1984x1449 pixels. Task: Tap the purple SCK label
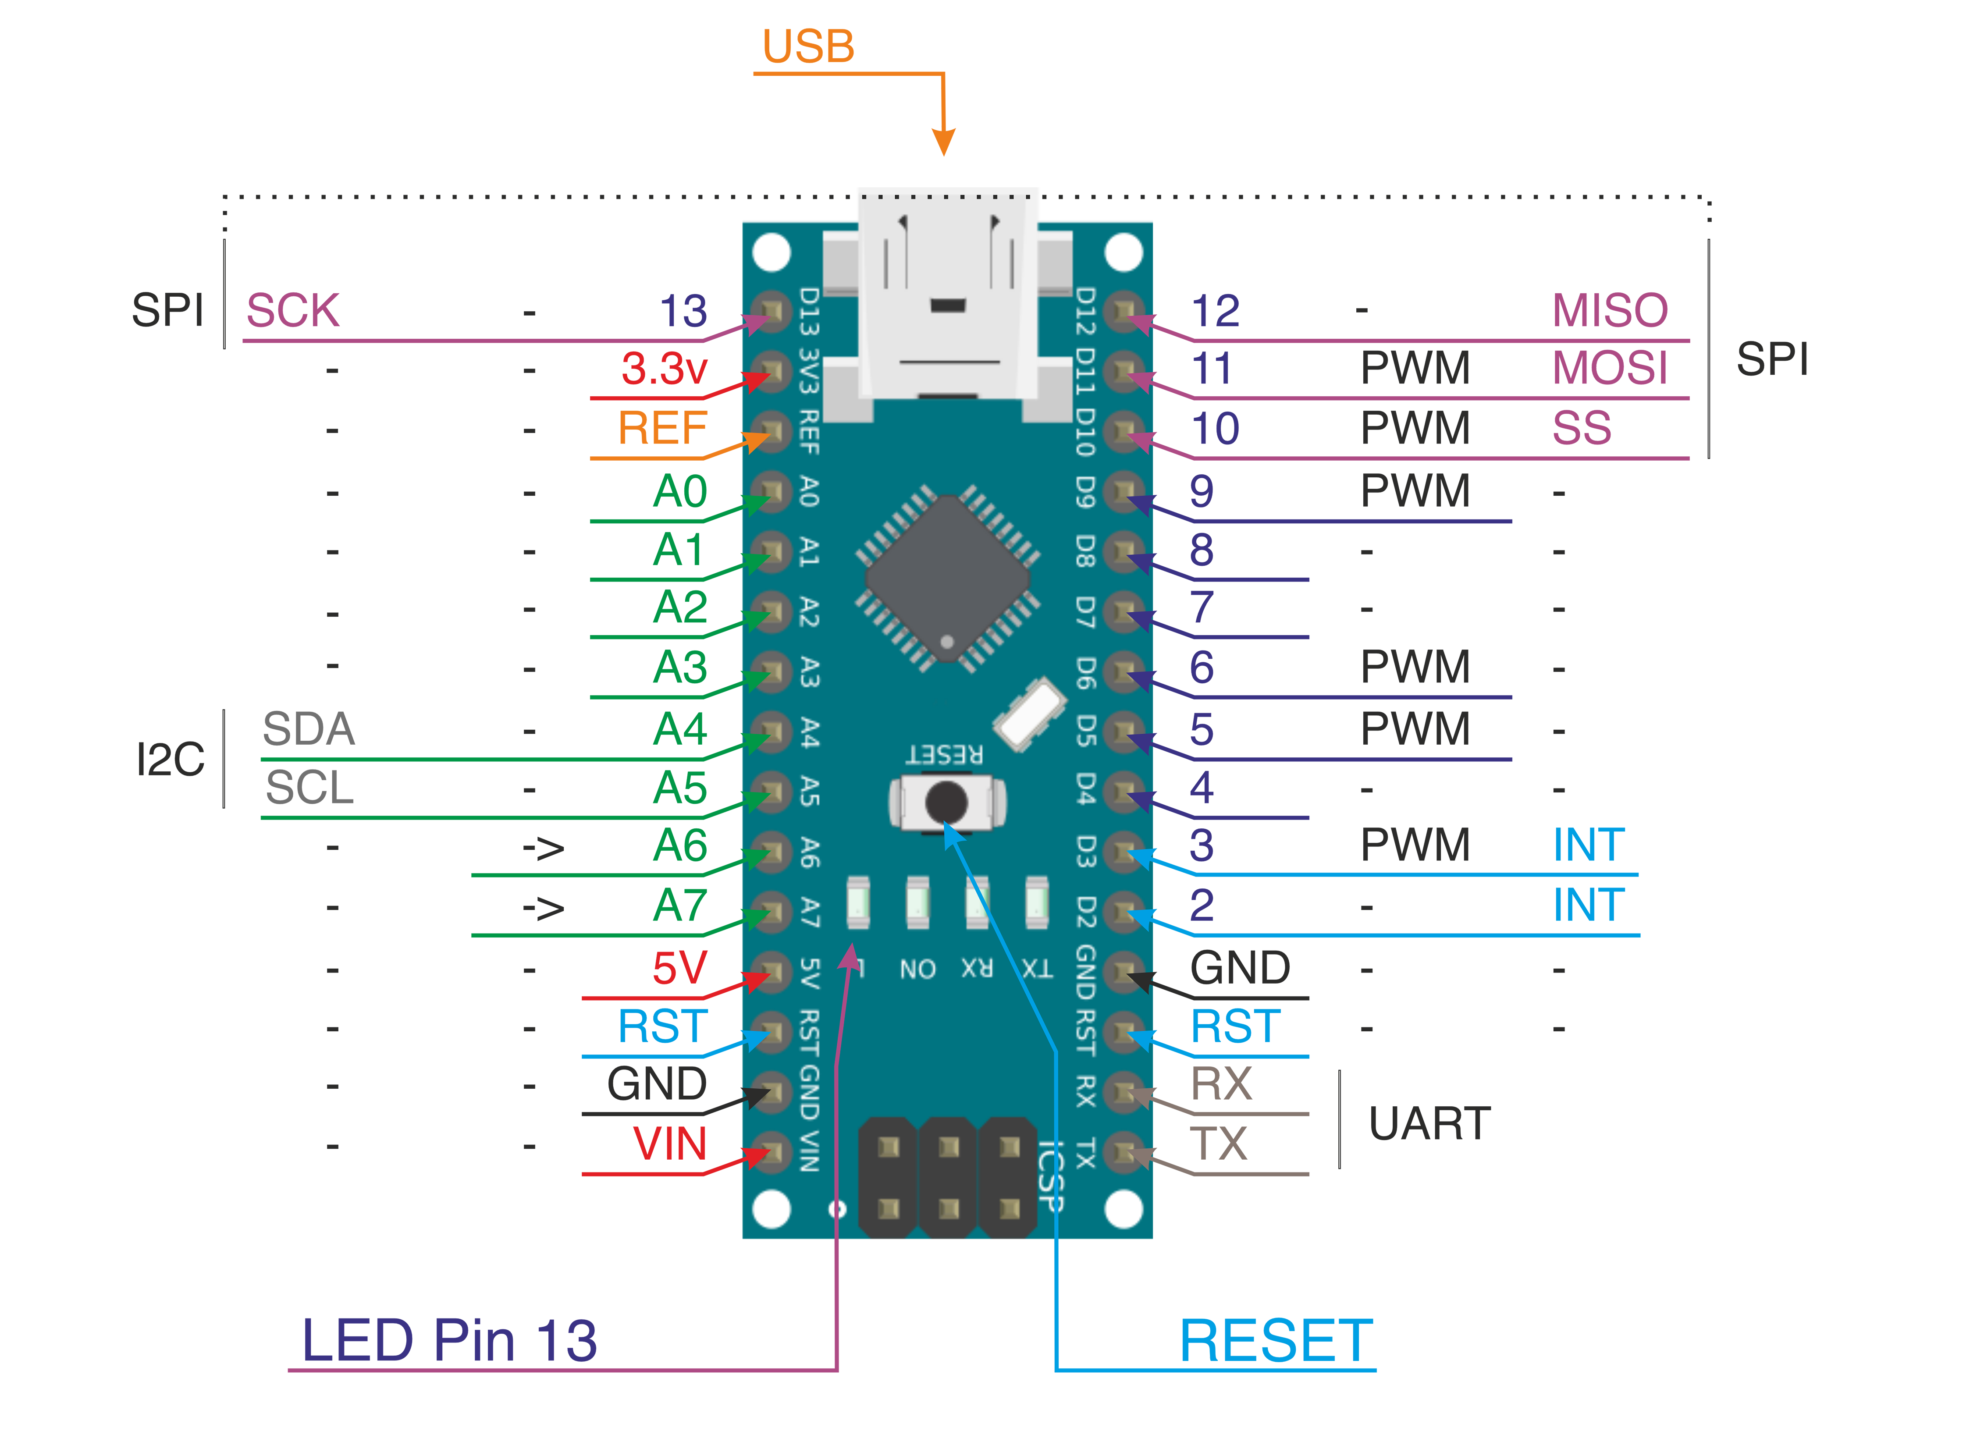tap(292, 310)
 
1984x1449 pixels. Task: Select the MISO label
tap(1610, 310)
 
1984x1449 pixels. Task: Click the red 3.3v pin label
tap(664, 369)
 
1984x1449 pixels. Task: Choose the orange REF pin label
tap(662, 429)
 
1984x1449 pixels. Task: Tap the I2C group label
tap(170, 760)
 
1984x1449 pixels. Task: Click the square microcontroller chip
tap(947, 579)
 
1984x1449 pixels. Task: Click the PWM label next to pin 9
tap(1415, 491)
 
